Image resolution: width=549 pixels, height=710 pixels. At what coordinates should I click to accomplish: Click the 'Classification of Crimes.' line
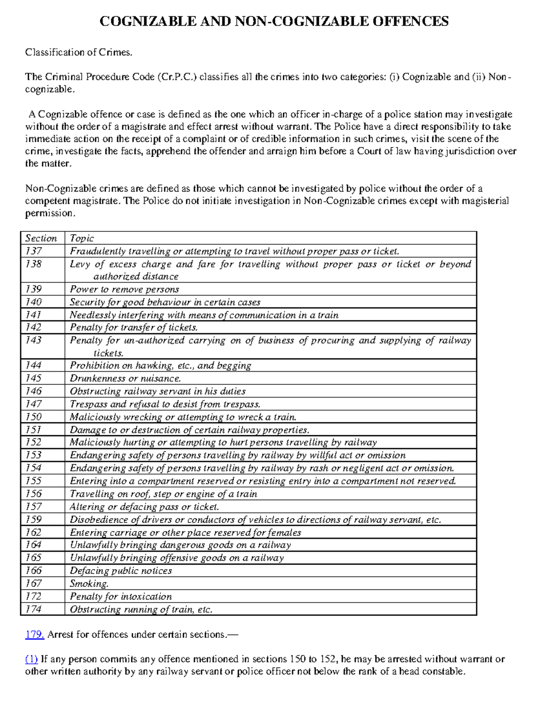point(79,53)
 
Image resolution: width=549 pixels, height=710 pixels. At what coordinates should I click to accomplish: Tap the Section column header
point(41,238)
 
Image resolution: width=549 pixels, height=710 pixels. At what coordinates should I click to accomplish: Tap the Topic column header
point(81,238)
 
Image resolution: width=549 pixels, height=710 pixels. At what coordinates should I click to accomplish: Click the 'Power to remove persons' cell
point(124,289)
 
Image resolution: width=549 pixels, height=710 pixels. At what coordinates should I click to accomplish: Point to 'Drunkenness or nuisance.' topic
point(125,379)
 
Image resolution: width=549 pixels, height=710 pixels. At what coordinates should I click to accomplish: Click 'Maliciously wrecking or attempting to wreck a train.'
point(183,417)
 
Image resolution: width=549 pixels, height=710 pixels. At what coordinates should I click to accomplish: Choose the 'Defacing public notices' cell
point(121,571)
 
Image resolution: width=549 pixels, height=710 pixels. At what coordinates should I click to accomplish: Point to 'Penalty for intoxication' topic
point(121,597)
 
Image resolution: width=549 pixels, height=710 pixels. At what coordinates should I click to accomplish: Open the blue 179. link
point(34,635)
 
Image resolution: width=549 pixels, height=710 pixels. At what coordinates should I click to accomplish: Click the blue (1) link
point(31,659)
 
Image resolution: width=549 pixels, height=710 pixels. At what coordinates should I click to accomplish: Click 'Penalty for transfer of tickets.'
point(134,328)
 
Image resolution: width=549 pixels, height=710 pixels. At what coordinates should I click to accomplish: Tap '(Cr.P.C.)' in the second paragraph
point(176,77)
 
